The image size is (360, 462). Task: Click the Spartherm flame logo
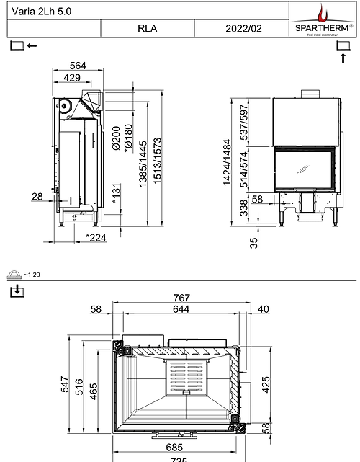tap(321, 13)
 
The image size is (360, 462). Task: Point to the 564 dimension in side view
tap(77, 66)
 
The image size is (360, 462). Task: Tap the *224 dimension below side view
tap(96, 236)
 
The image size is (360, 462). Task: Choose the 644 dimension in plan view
tap(181, 309)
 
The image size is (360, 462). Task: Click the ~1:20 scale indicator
tap(32, 275)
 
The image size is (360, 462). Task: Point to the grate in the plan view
tap(181, 378)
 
